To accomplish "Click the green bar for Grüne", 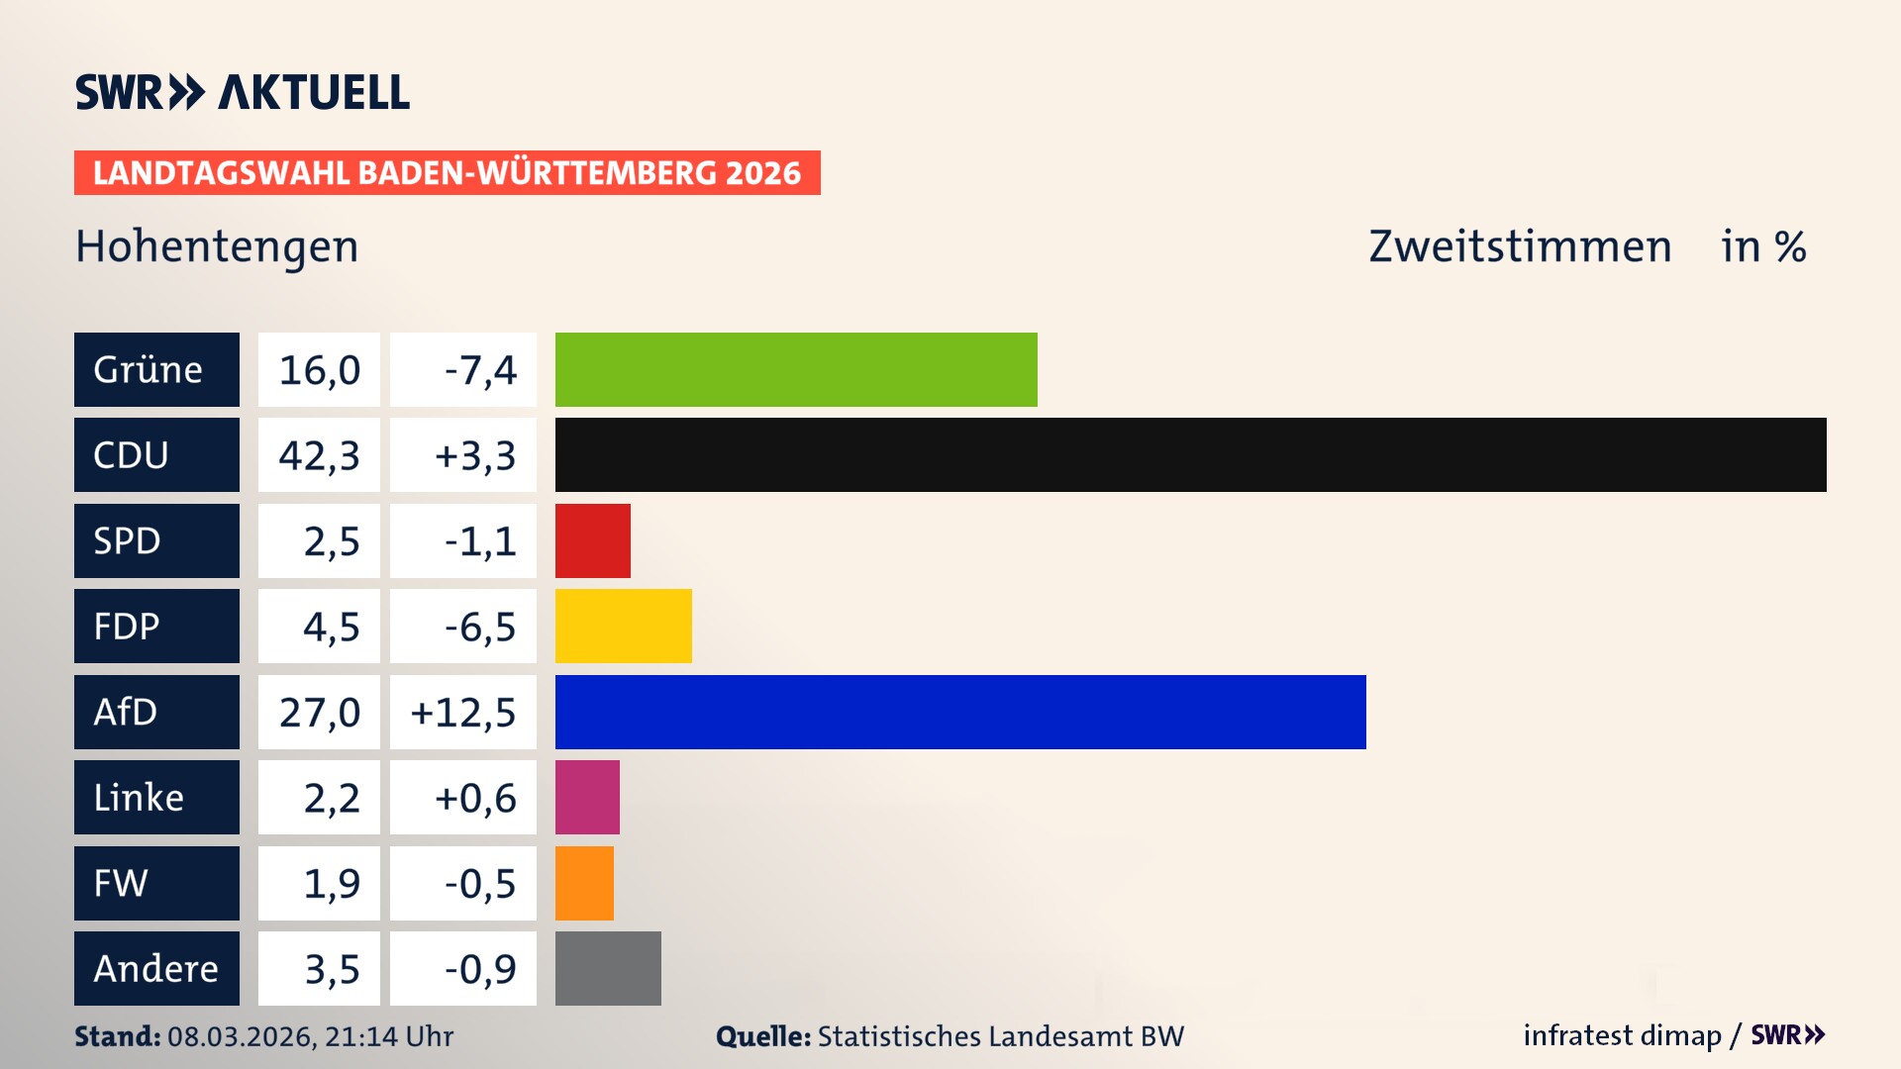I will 796,369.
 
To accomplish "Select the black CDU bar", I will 1190,455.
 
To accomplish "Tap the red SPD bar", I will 592,540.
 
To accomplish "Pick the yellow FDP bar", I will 623,626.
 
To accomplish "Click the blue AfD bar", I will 960,712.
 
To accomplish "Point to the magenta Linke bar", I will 587,797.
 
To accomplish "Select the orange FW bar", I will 584,883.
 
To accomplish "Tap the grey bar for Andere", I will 608,968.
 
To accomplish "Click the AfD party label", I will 156,712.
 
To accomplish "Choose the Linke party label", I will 156,797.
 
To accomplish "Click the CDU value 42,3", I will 319,455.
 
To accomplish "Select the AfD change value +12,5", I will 463,712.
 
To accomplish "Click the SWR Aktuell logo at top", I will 242,92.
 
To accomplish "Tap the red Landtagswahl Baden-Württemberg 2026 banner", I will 447,173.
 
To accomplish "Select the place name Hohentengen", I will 217,246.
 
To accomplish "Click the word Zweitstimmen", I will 1520,246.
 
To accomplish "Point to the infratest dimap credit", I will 1622,1035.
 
